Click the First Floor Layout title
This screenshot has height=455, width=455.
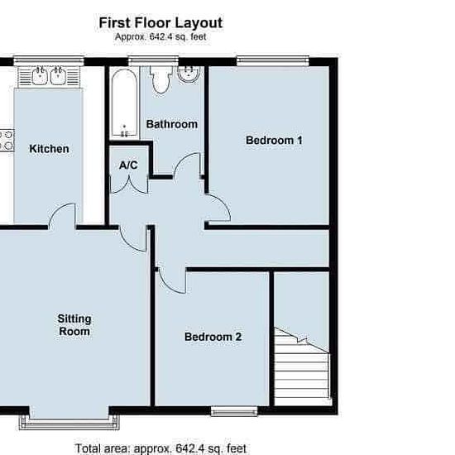point(160,23)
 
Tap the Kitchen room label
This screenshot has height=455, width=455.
point(50,149)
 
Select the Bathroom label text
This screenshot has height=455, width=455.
point(172,124)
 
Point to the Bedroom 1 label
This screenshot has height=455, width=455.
point(274,141)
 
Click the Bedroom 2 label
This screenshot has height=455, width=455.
point(213,337)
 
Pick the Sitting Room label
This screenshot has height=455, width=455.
point(74,325)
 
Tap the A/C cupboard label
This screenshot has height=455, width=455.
point(128,165)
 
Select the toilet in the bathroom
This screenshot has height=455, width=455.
point(161,79)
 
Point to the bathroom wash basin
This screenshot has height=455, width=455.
point(189,74)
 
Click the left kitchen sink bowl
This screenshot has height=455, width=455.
point(40,76)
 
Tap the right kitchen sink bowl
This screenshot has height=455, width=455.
point(59,76)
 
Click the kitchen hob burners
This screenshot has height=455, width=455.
point(7,141)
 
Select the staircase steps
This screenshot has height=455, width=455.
point(302,367)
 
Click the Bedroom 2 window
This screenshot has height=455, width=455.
point(234,411)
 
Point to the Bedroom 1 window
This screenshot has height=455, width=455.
point(273,60)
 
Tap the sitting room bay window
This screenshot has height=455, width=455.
point(69,423)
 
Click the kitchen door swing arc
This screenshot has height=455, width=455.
point(58,209)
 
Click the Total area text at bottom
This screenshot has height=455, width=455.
point(160,448)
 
